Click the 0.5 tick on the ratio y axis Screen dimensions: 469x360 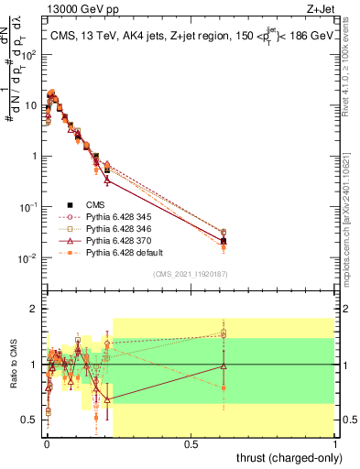click(29, 420)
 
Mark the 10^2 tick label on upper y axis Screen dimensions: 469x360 click(28, 54)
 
